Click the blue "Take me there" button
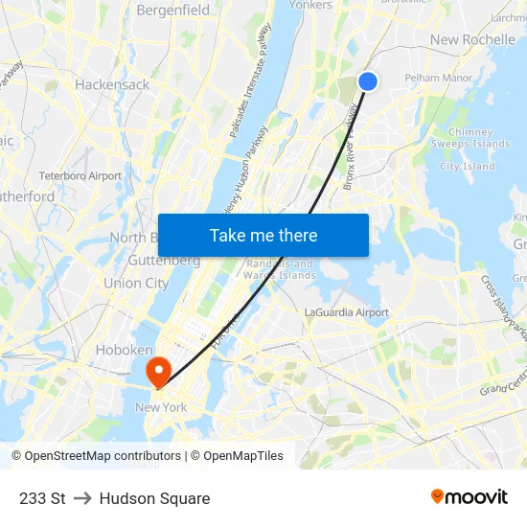pos(263,236)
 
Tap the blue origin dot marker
pos(367,81)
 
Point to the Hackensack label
pos(112,84)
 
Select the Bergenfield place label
pos(173,10)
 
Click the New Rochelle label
pos(472,39)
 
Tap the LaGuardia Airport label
pos(346,312)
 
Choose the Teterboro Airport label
pos(80,176)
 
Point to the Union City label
pos(136,283)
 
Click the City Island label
pos(468,167)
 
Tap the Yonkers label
pos(310,5)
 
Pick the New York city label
pos(161,407)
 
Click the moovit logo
pos(470,496)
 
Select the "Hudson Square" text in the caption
pos(154,498)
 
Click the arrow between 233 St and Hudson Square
pos(82,498)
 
